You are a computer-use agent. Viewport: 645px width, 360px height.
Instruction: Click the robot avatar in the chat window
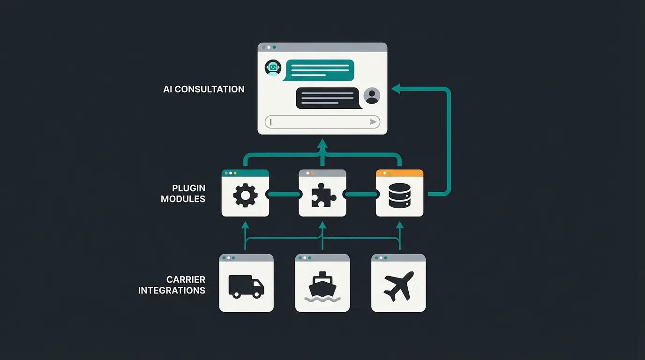(272, 68)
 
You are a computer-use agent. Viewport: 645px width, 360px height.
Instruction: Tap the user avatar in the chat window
(372, 96)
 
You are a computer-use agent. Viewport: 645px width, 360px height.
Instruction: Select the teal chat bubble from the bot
(320, 70)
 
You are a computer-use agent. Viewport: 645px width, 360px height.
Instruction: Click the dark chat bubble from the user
(327, 98)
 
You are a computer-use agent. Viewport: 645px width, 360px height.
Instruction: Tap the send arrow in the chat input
(373, 122)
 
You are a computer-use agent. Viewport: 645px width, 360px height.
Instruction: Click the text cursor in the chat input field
(271, 122)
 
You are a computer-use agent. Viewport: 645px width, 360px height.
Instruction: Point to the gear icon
(245, 196)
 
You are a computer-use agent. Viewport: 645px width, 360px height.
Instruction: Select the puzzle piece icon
(323, 196)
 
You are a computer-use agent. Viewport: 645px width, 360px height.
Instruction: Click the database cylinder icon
(399, 196)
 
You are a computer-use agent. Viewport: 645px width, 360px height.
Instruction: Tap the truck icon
(246, 286)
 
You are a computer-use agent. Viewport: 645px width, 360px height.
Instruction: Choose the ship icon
(322, 286)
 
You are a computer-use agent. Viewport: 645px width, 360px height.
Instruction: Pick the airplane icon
(398, 286)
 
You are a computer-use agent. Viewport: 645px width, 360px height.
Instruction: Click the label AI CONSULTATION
(204, 89)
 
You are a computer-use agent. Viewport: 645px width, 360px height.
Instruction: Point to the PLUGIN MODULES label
(183, 193)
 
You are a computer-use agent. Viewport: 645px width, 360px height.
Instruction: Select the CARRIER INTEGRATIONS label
(172, 285)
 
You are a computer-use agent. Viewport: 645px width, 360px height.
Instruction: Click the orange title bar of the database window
(399, 173)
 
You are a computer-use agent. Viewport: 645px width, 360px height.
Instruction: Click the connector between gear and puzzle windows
(284, 194)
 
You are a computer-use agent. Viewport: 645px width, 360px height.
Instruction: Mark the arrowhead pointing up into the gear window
(245, 225)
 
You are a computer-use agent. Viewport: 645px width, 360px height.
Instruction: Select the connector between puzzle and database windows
(361, 194)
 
